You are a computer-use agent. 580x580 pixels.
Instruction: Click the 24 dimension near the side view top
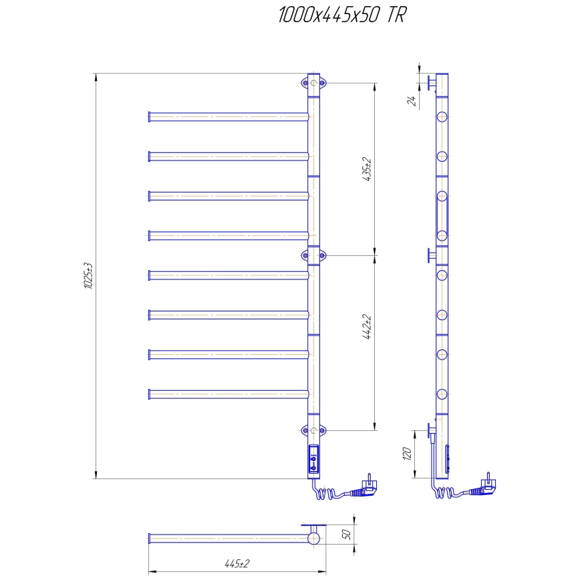(x=412, y=100)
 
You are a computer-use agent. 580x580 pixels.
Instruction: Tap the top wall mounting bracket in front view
(x=313, y=83)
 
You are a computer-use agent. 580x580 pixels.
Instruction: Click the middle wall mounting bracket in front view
(x=313, y=255)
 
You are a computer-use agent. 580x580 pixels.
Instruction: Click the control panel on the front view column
(x=313, y=460)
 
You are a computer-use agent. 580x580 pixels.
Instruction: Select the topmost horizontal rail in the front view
(x=227, y=117)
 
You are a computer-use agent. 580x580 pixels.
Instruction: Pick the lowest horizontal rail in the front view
(x=227, y=394)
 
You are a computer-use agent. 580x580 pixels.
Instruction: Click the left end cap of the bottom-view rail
(x=149, y=538)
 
